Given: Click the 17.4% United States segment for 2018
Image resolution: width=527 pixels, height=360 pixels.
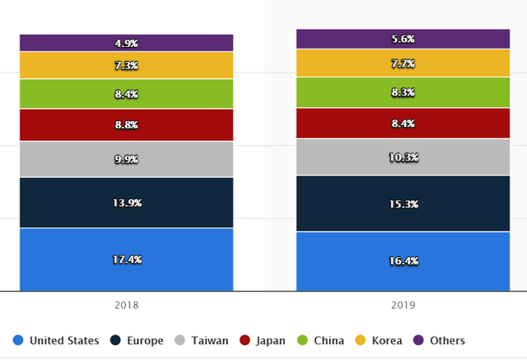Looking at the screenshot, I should (127, 259).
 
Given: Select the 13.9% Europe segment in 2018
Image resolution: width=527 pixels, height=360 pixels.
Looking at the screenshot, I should (127, 203).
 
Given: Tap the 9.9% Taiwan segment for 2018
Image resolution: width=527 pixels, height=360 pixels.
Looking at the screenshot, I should (127, 159).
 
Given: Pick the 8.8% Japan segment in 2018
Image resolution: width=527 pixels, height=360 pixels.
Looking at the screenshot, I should (127, 125).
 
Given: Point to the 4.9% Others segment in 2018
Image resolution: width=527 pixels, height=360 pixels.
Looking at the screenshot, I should (127, 43).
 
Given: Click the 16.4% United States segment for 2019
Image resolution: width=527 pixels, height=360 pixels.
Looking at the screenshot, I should (403, 261).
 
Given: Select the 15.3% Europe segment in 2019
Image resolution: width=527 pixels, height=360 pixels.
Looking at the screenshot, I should (403, 203).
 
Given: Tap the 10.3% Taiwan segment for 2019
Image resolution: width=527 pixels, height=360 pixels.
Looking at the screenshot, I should (403, 157).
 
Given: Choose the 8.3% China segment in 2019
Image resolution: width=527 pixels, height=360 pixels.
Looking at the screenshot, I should (403, 93).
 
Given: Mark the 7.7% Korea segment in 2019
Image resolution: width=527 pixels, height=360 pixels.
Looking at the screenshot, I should (403, 63).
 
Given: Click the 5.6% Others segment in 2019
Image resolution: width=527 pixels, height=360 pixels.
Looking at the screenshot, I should (403, 39).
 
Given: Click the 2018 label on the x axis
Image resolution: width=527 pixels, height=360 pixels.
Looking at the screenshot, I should (127, 305).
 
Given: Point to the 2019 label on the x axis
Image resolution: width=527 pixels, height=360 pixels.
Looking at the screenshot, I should (403, 305).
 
